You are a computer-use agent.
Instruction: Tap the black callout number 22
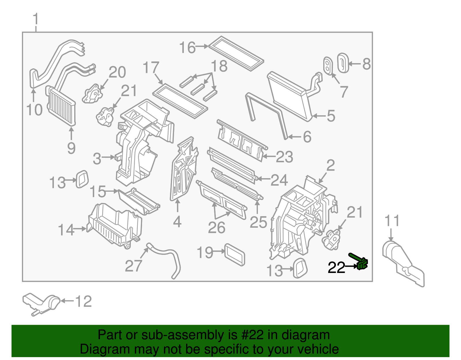click(x=336, y=268)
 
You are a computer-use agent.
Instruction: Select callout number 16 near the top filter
click(x=187, y=48)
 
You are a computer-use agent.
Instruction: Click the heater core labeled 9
click(x=61, y=107)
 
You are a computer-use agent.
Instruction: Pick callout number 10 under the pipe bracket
click(x=34, y=110)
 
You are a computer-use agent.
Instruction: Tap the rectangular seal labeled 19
click(x=235, y=254)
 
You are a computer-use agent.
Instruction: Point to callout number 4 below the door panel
click(x=177, y=222)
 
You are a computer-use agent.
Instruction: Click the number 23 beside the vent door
click(x=284, y=157)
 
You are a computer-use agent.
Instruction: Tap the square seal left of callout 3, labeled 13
click(x=82, y=179)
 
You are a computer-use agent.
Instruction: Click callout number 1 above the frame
click(x=35, y=19)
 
